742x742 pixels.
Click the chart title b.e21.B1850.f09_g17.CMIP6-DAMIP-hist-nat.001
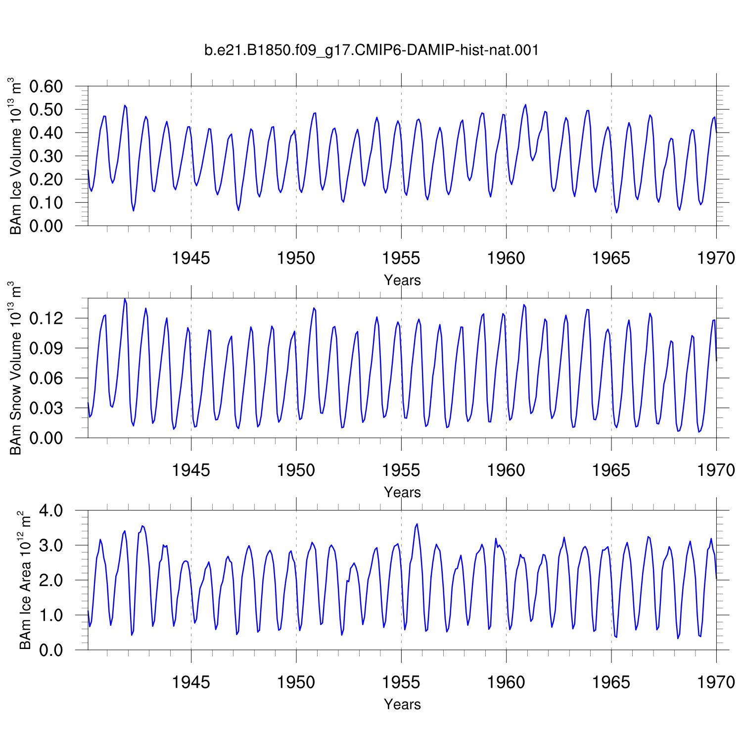[x=371, y=50]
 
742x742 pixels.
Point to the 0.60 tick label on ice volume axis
[x=46, y=86]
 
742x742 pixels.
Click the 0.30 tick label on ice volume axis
[x=46, y=156]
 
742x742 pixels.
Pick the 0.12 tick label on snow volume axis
[x=46, y=318]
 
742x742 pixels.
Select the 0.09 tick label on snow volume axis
[x=46, y=348]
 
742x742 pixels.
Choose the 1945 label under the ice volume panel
[x=191, y=258]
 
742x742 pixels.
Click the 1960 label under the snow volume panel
[x=506, y=470]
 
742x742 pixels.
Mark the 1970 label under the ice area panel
[x=716, y=682]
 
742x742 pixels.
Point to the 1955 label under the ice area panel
[x=401, y=682]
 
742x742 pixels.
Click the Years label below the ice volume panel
[x=402, y=280]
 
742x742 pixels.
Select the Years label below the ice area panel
[x=402, y=704]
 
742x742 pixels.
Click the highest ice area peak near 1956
[x=417, y=523]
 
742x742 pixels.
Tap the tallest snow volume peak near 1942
[x=125, y=299]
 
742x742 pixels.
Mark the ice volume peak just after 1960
[x=525, y=104]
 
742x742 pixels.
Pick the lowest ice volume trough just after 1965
[x=616, y=213]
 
